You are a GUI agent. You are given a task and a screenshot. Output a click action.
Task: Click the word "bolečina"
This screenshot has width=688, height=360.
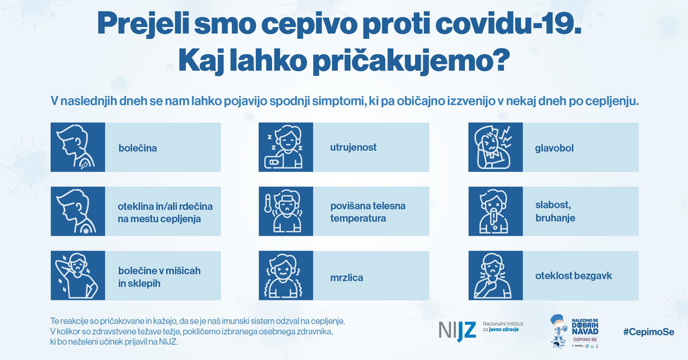click(x=137, y=148)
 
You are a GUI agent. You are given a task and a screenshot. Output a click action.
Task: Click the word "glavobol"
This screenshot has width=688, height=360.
click(x=554, y=148)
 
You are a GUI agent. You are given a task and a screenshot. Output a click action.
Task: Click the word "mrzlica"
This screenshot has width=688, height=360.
click(x=347, y=276)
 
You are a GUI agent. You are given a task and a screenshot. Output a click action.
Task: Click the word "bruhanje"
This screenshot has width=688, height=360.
click(x=555, y=218)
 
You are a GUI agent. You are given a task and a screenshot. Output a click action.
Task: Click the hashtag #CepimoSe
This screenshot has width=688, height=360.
click(x=648, y=332)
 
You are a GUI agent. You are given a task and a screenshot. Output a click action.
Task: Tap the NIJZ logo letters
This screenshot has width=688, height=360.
click(x=457, y=330)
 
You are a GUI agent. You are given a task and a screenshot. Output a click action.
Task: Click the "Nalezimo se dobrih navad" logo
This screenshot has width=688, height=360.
click(x=575, y=331)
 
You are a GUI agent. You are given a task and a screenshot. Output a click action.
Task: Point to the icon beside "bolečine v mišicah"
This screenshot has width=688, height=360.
click(x=78, y=275)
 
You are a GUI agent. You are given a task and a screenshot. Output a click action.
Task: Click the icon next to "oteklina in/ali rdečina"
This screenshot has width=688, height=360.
click(x=78, y=212)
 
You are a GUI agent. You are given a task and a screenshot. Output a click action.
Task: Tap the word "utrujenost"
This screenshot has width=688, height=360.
click(x=353, y=147)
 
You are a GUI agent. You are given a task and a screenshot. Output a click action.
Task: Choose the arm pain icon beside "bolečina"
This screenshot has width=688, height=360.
click(x=78, y=147)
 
